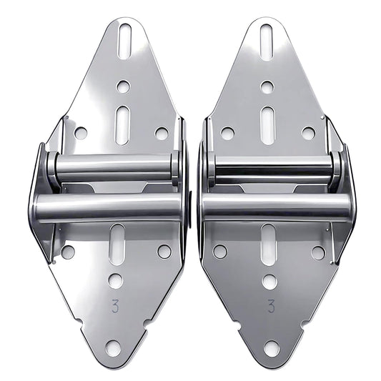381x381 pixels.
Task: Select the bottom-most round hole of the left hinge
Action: pyautogui.click(x=113, y=348)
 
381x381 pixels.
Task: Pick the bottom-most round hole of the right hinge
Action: pyautogui.click(x=272, y=348)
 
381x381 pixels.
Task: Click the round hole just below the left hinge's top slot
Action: pyautogui.click(x=123, y=86)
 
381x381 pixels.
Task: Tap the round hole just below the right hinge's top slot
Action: pyautogui.click(x=267, y=87)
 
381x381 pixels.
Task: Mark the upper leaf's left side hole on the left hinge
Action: pyautogui.click(x=81, y=133)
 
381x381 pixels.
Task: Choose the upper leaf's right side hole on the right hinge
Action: pyautogui.click(x=308, y=133)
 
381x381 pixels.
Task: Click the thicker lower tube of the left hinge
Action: pyautogui.click(x=107, y=207)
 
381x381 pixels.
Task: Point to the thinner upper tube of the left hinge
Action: pyautogui.click(x=113, y=167)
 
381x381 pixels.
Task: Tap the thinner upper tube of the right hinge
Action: pyautogui.click(x=272, y=167)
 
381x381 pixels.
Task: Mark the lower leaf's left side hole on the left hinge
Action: pyautogui.click(x=68, y=252)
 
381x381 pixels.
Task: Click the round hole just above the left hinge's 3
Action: pyautogui.click(x=115, y=281)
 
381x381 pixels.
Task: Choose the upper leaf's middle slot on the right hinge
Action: pyautogui.click(x=267, y=125)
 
